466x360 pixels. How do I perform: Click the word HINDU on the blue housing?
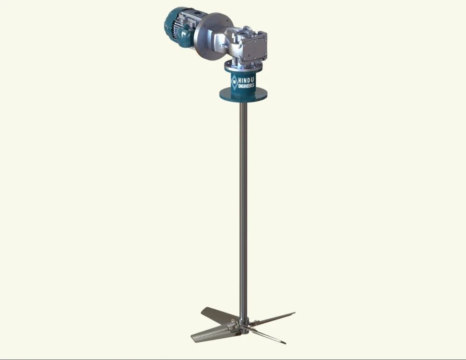(248, 79)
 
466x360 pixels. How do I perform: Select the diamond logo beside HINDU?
(234, 82)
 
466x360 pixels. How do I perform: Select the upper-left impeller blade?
(217, 315)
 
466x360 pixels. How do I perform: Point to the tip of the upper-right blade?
(293, 313)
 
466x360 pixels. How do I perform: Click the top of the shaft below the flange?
(243, 106)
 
